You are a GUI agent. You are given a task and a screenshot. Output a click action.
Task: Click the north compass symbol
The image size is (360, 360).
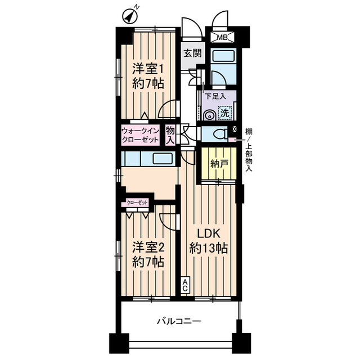click(x=129, y=16)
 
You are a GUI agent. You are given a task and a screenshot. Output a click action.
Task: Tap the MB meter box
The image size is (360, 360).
click(x=222, y=37)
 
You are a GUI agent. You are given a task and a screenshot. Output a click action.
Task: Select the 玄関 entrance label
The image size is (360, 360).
click(x=193, y=53)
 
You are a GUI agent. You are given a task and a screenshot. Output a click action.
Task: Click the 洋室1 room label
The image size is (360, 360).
click(x=148, y=69)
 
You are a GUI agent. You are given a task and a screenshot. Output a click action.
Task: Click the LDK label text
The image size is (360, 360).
click(x=209, y=234)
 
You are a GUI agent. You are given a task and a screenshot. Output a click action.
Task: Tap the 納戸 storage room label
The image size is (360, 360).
click(x=219, y=164)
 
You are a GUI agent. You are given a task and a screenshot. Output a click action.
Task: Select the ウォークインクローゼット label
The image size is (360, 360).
click(x=141, y=136)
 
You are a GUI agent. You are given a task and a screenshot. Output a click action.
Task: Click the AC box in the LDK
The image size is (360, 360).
click(x=185, y=285)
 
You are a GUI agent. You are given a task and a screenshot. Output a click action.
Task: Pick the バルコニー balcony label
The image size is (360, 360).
click(x=179, y=321)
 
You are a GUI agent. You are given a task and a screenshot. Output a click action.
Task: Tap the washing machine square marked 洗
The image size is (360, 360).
click(x=224, y=113)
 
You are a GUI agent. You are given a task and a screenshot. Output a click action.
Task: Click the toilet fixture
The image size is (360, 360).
click(x=218, y=134)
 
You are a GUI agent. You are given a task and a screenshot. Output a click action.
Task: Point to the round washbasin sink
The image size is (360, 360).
click(x=209, y=115)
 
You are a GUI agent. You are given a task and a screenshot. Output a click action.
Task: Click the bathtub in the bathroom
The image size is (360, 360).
click(x=223, y=56)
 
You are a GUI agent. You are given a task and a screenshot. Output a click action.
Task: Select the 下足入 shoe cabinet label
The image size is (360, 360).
click(x=215, y=96)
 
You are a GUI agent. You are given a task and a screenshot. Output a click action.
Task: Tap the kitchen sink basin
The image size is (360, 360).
click(x=163, y=159)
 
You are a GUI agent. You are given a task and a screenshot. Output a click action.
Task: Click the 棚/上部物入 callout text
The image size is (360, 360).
click(x=249, y=150)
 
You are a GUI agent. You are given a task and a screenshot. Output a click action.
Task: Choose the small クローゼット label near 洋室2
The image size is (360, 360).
click(x=137, y=202)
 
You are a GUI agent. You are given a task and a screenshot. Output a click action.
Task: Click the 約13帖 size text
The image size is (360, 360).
click(x=209, y=249)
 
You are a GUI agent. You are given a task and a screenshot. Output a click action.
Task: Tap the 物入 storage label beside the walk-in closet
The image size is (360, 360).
click(x=170, y=136)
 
